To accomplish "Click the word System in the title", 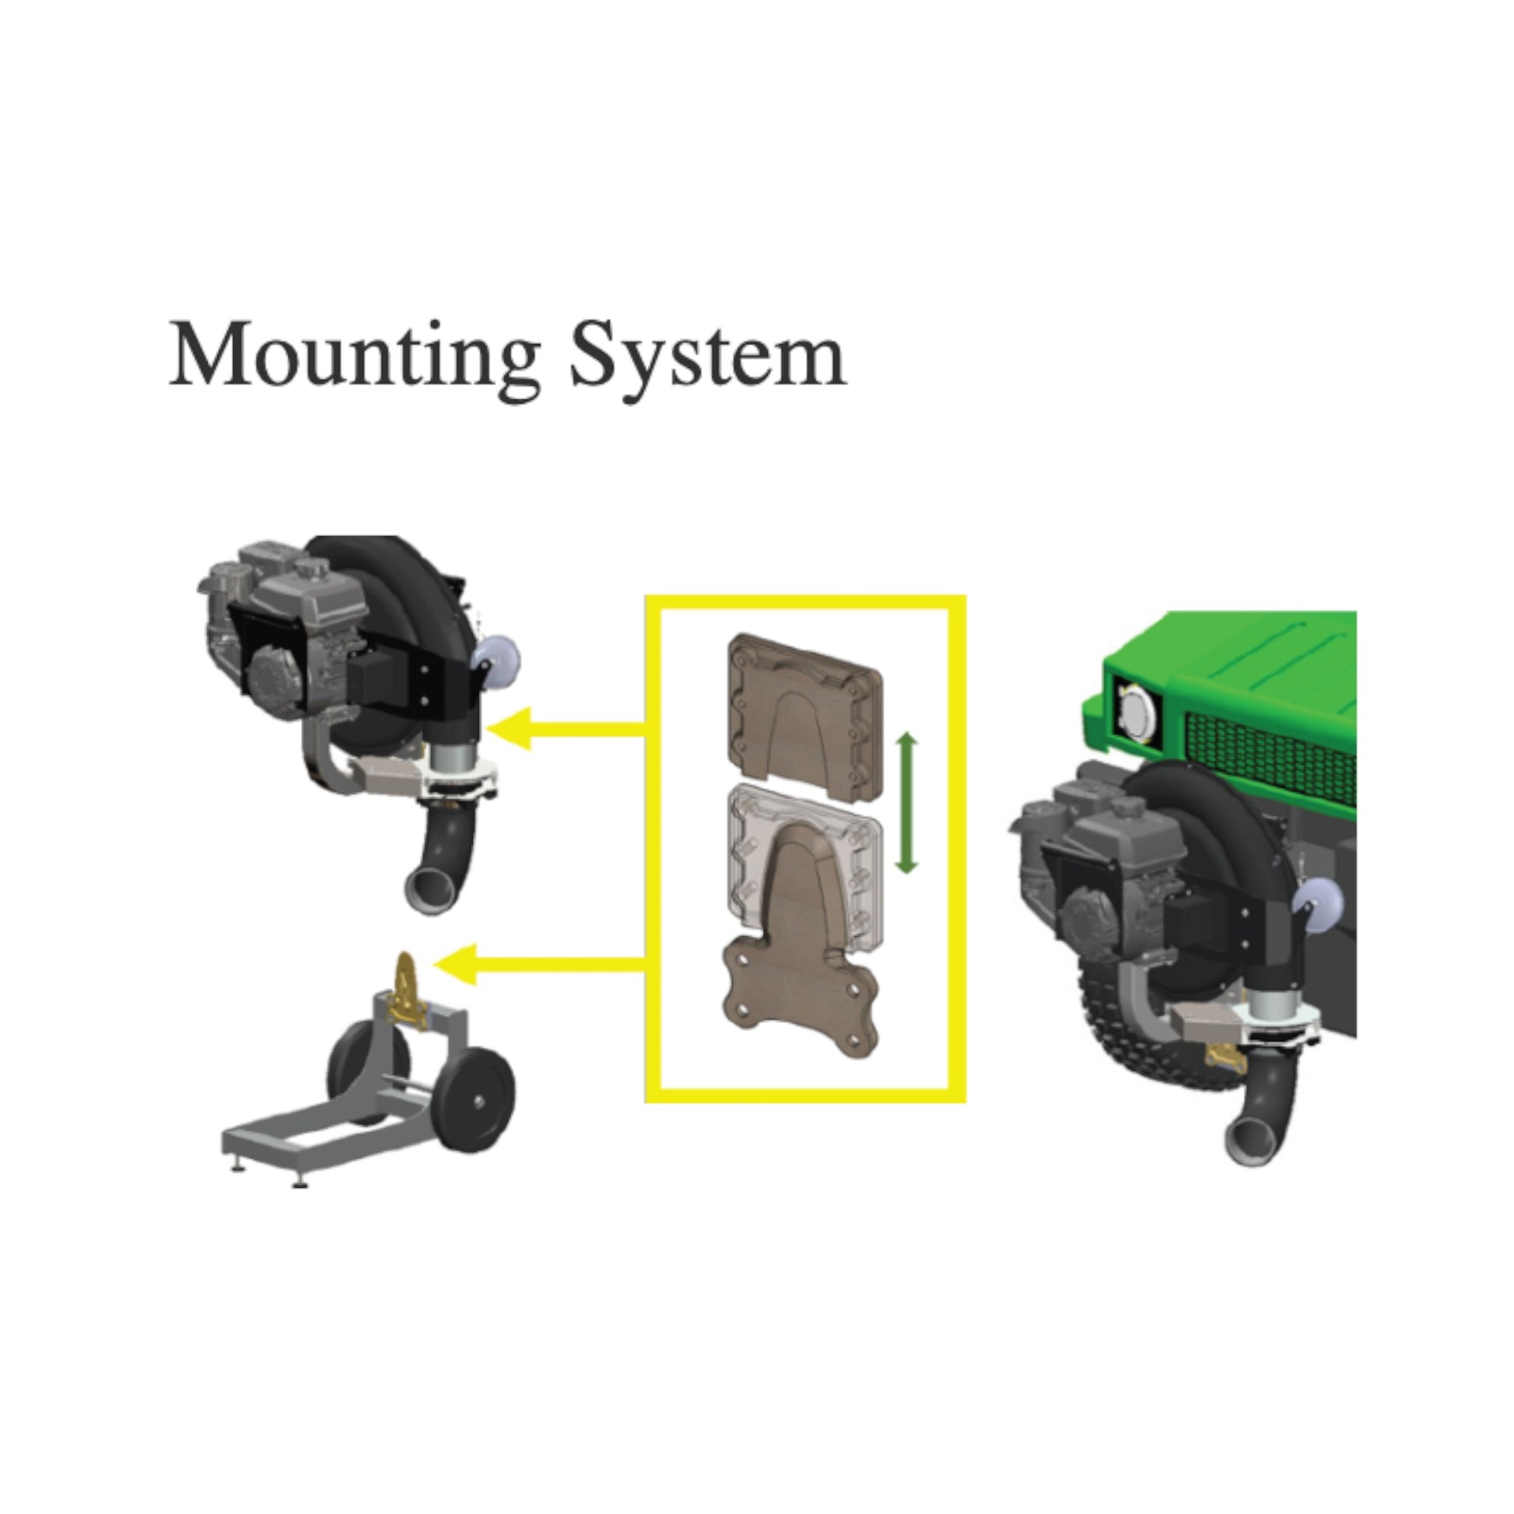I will pyautogui.click(x=708, y=357).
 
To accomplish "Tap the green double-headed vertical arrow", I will pyautogui.click(x=906, y=802).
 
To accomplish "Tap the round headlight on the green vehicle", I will pyautogui.click(x=1134, y=713).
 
